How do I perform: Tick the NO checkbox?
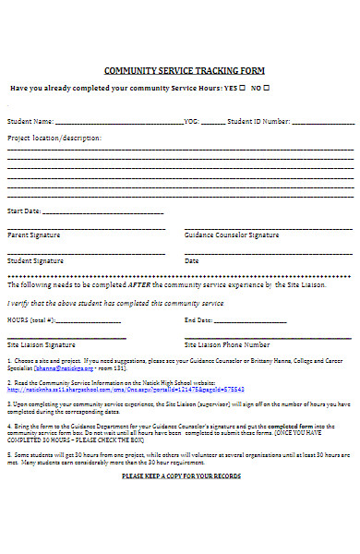pos(267,88)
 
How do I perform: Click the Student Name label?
pos(30,121)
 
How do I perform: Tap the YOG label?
pos(191,121)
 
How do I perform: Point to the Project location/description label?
pos(54,138)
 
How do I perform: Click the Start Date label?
pos(24,211)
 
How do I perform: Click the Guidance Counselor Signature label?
pos(232,235)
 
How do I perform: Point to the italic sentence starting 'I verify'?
pos(115,303)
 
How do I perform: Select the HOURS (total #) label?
pos(31,319)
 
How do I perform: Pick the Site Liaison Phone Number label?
pos(227,344)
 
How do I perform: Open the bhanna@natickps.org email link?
pos(57,367)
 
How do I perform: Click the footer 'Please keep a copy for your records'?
pos(181,476)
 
